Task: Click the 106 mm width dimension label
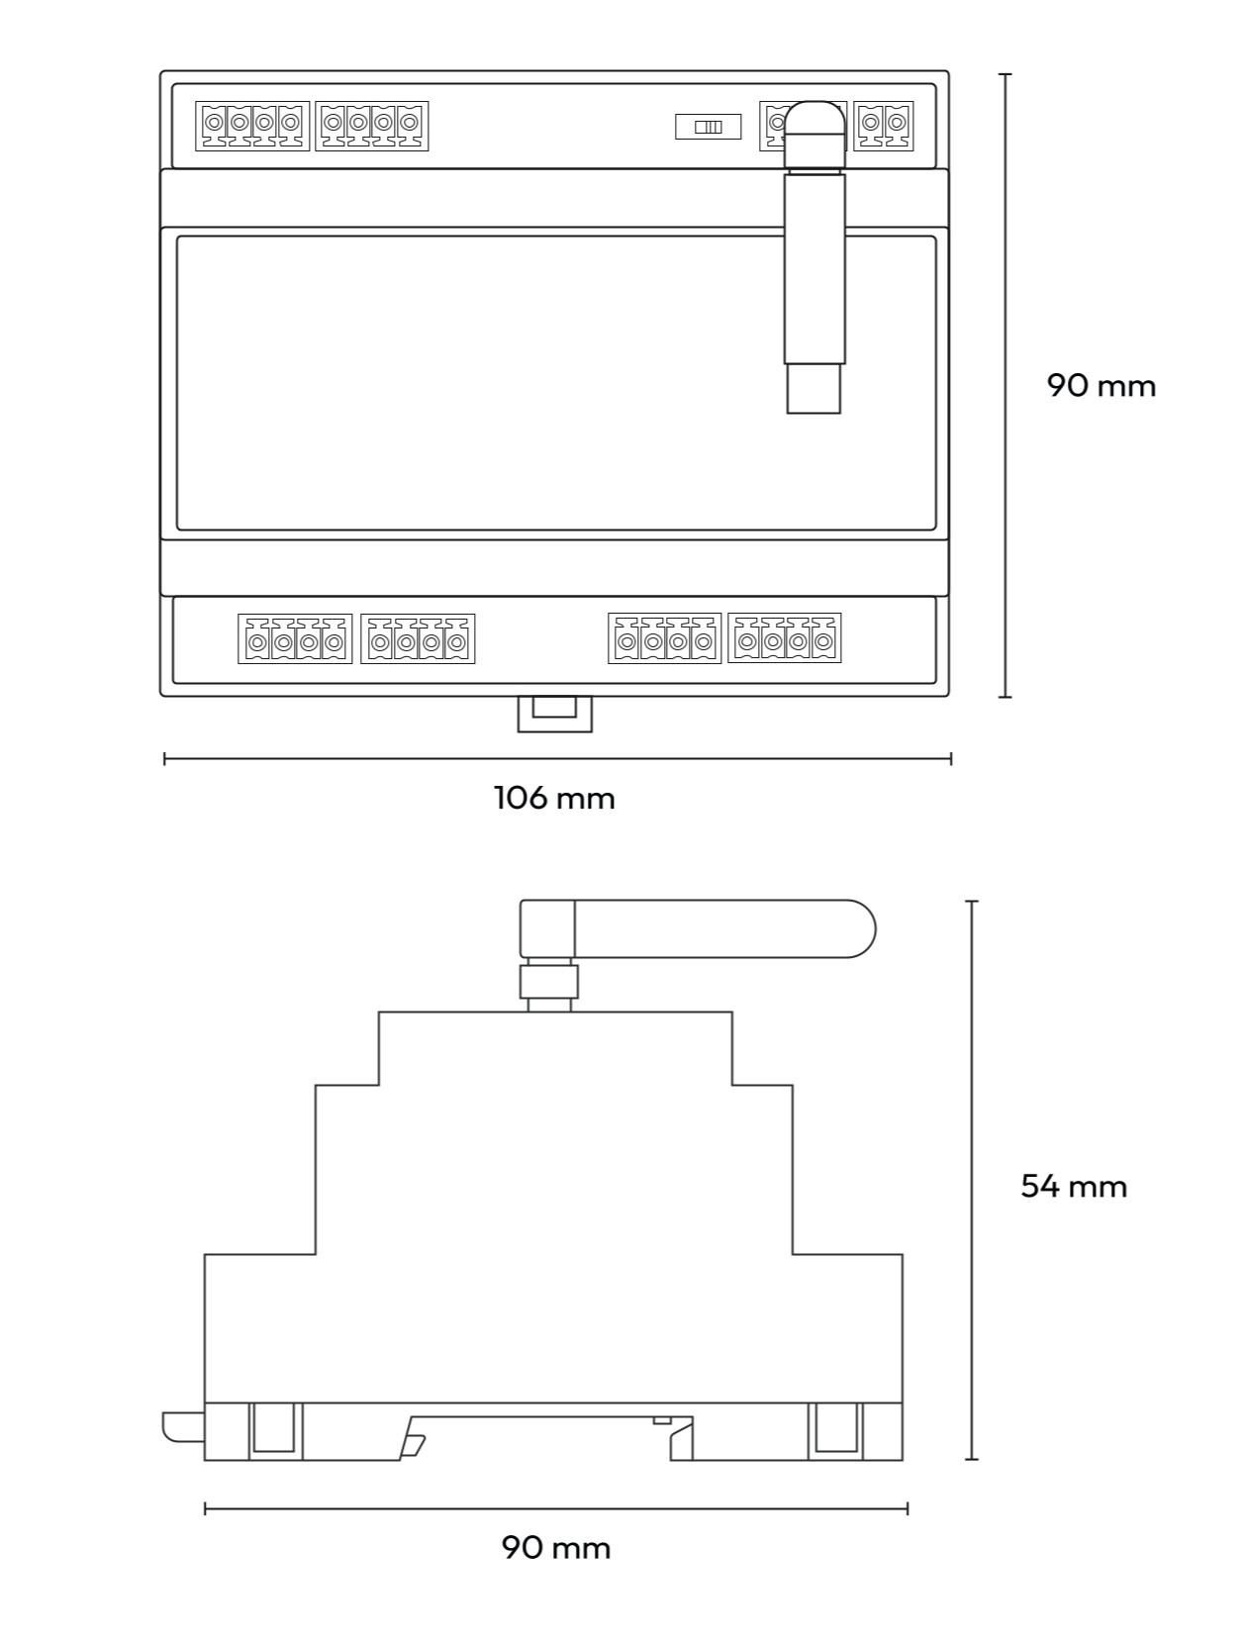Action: tap(554, 798)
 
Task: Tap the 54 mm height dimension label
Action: tap(1074, 1186)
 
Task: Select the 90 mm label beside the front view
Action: tap(1101, 385)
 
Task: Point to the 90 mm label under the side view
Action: tap(555, 1547)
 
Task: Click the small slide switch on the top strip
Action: tap(708, 127)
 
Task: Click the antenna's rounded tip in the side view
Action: tap(859, 928)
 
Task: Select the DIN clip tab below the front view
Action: tap(554, 714)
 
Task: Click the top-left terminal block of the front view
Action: tap(252, 126)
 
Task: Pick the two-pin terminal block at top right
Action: tap(884, 126)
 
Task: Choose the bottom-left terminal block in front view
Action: tap(295, 639)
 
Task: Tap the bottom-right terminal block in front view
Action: tap(784, 639)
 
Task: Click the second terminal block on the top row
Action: tap(372, 126)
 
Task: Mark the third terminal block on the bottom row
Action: tap(665, 639)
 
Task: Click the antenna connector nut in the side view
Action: tap(548, 982)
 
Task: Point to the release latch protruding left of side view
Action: tap(182, 1426)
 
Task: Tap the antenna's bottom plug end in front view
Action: tap(814, 389)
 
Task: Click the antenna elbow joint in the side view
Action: tap(547, 927)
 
